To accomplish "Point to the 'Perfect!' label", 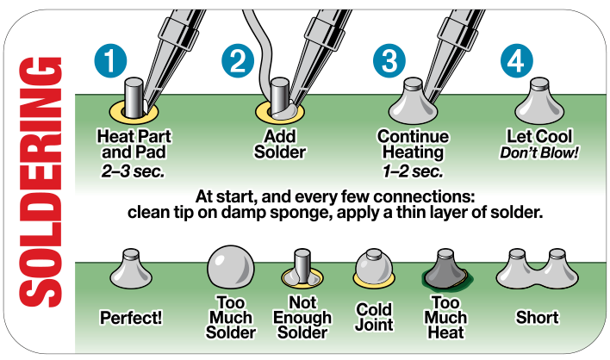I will tap(132, 316).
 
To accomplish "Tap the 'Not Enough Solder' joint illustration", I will tap(302, 269).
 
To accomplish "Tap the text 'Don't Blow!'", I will tap(537, 152).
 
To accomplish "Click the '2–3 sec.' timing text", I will tap(132, 168).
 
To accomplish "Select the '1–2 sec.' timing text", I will tap(413, 168).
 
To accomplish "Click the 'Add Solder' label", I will tap(280, 145).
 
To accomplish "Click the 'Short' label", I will tap(537, 316).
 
